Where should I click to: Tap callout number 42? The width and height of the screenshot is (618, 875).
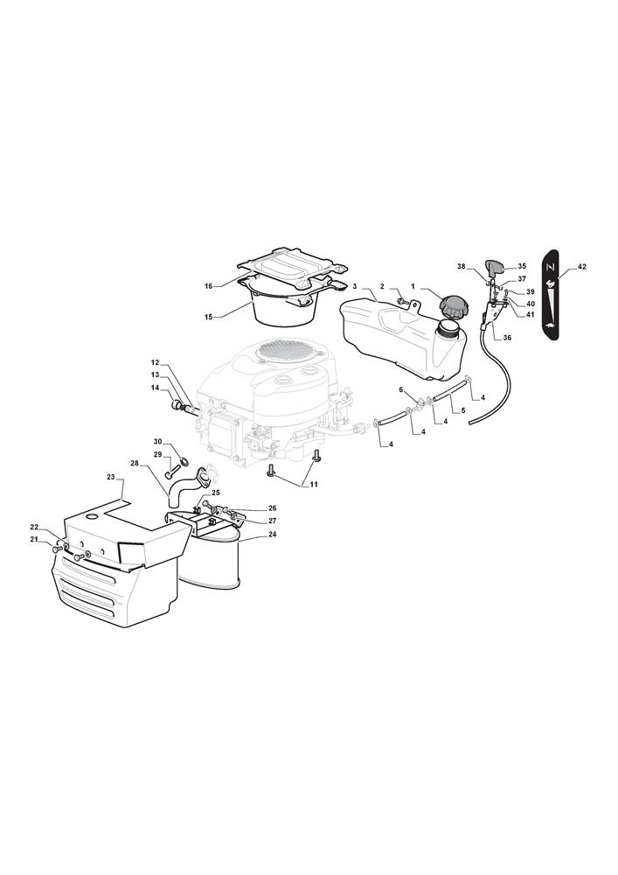pos(581,267)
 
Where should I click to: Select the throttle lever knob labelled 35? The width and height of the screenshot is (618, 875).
pos(494,268)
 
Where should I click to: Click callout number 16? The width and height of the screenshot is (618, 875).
pos(208,286)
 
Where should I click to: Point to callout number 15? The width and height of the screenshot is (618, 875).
pos(208,317)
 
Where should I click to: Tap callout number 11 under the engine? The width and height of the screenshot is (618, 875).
pos(314,485)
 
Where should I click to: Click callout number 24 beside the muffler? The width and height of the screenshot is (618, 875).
pos(272,534)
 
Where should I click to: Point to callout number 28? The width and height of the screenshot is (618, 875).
pos(135,463)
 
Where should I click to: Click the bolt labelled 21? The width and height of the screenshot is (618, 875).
pos(56,549)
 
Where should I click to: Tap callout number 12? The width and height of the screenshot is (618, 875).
pos(155,363)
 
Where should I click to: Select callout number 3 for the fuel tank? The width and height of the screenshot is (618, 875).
pos(354,286)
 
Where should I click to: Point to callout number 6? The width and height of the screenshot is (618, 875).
pos(400,389)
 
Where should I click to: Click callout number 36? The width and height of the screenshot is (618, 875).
pos(506,338)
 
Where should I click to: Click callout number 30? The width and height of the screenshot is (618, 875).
pos(157,441)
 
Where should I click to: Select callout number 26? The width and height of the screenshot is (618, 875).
pos(272,508)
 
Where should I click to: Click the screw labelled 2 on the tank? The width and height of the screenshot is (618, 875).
pos(400,301)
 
